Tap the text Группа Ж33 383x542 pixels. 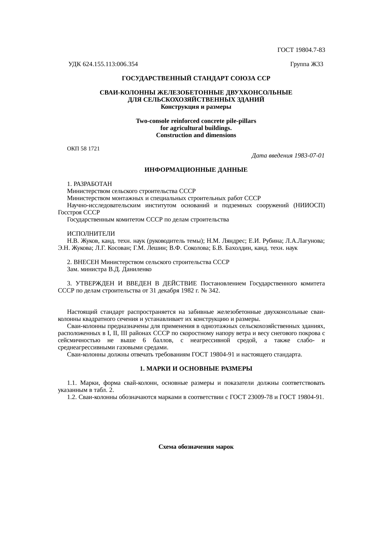coord(306,64)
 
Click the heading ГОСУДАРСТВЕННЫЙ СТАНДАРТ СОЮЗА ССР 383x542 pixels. coord(196,78)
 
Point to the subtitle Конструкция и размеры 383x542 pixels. coord(196,107)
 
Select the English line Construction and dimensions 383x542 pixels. coord(196,135)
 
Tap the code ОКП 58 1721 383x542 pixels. coord(83,149)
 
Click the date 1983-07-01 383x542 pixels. coord(309,156)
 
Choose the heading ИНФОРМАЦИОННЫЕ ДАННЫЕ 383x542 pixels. coord(196,170)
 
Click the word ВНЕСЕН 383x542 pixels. coord(86,262)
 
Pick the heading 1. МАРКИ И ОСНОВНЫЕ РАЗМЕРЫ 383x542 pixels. coord(196,369)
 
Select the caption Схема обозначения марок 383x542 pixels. coord(196,447)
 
